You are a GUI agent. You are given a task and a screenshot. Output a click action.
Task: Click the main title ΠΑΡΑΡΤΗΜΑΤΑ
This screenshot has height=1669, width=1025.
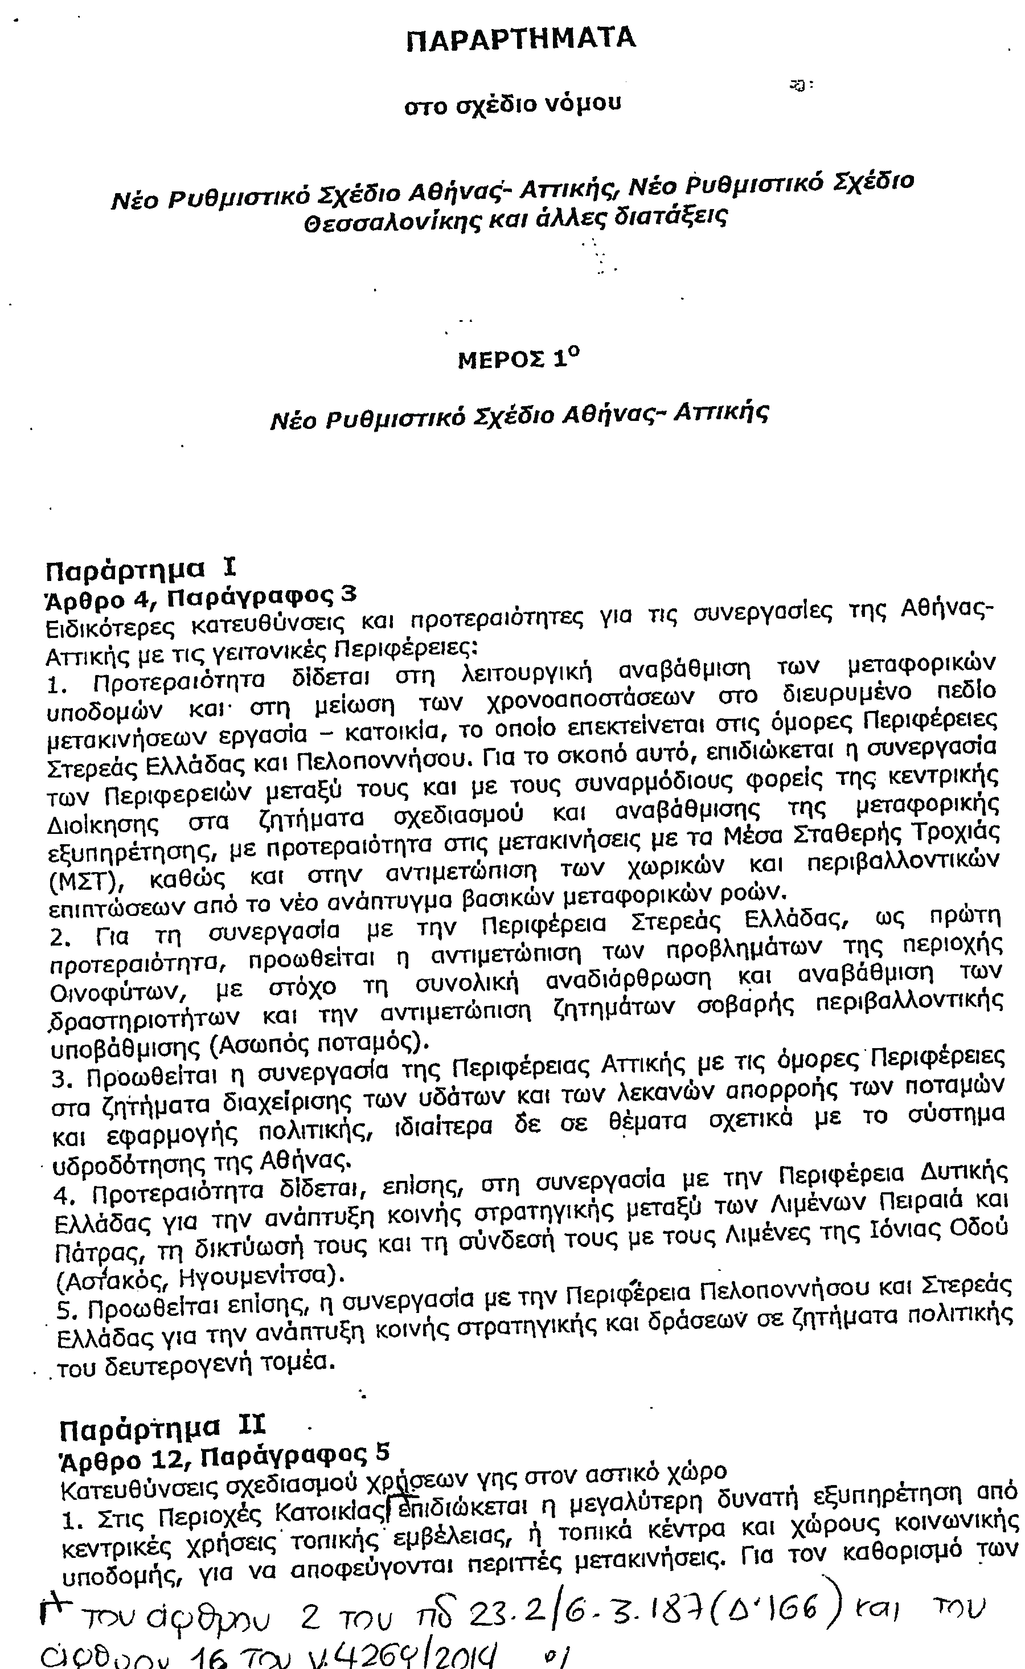coord(520,39)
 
